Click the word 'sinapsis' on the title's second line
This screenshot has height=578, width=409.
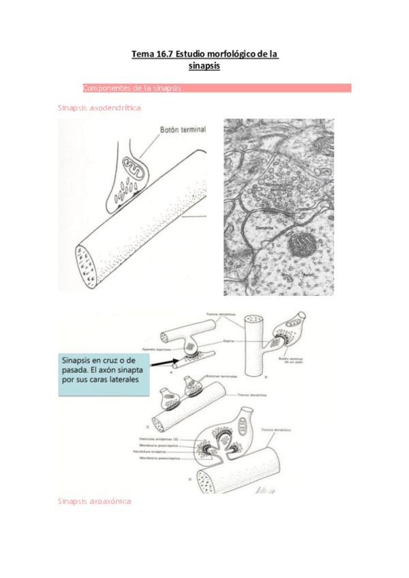click(x=204, y=67)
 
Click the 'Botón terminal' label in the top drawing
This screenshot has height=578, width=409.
click(x=182, y=128)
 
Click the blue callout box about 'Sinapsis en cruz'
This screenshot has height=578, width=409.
click(x=102, y=372)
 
